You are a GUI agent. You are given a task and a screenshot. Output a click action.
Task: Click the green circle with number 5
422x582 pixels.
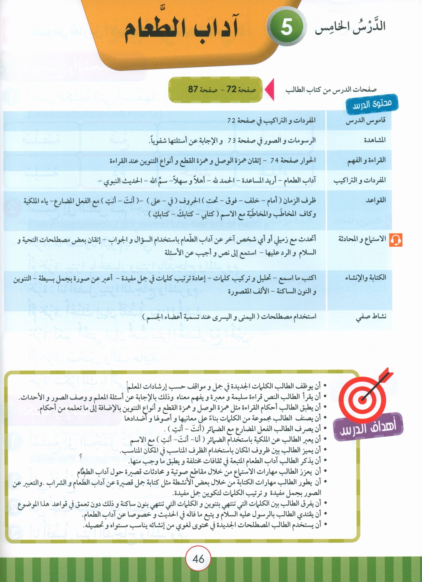pos(287,28)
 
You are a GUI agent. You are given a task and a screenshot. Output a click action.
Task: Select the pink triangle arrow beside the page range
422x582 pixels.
pos(270,90)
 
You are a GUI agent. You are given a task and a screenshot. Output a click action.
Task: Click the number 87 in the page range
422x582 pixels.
pos(193,89)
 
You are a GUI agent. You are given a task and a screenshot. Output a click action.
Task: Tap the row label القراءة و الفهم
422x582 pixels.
pos(366,160)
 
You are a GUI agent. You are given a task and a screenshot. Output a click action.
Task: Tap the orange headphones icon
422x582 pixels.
pos(395,240)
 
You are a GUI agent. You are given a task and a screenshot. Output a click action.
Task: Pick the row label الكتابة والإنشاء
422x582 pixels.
pos(365,278)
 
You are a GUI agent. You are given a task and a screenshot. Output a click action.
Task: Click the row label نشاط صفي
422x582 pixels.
pos(371,317)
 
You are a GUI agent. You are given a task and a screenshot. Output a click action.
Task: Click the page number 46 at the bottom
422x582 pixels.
pos(199,559)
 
